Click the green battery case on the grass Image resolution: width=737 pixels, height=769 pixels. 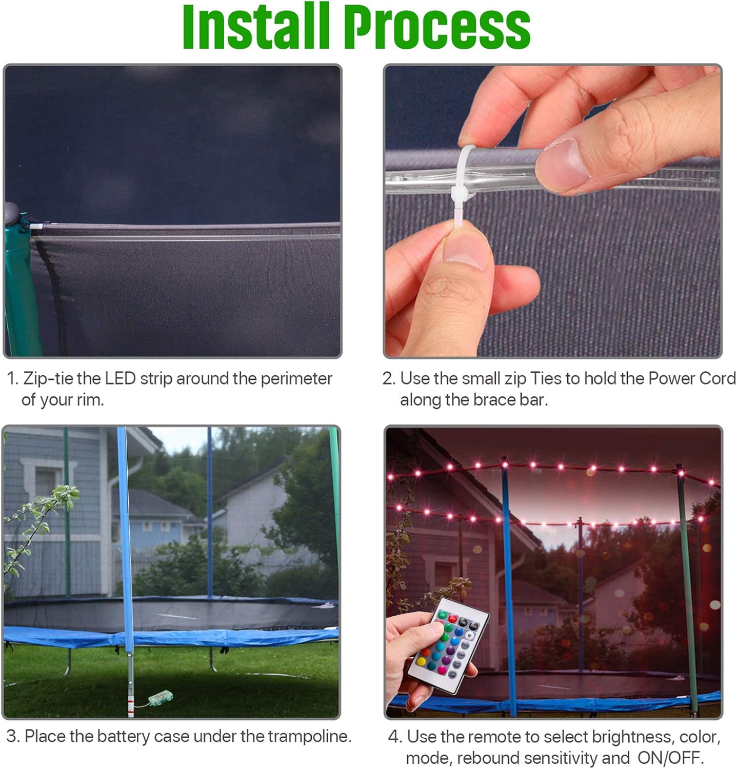pos(160,698)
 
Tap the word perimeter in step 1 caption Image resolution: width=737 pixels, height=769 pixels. pos(296,378)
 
